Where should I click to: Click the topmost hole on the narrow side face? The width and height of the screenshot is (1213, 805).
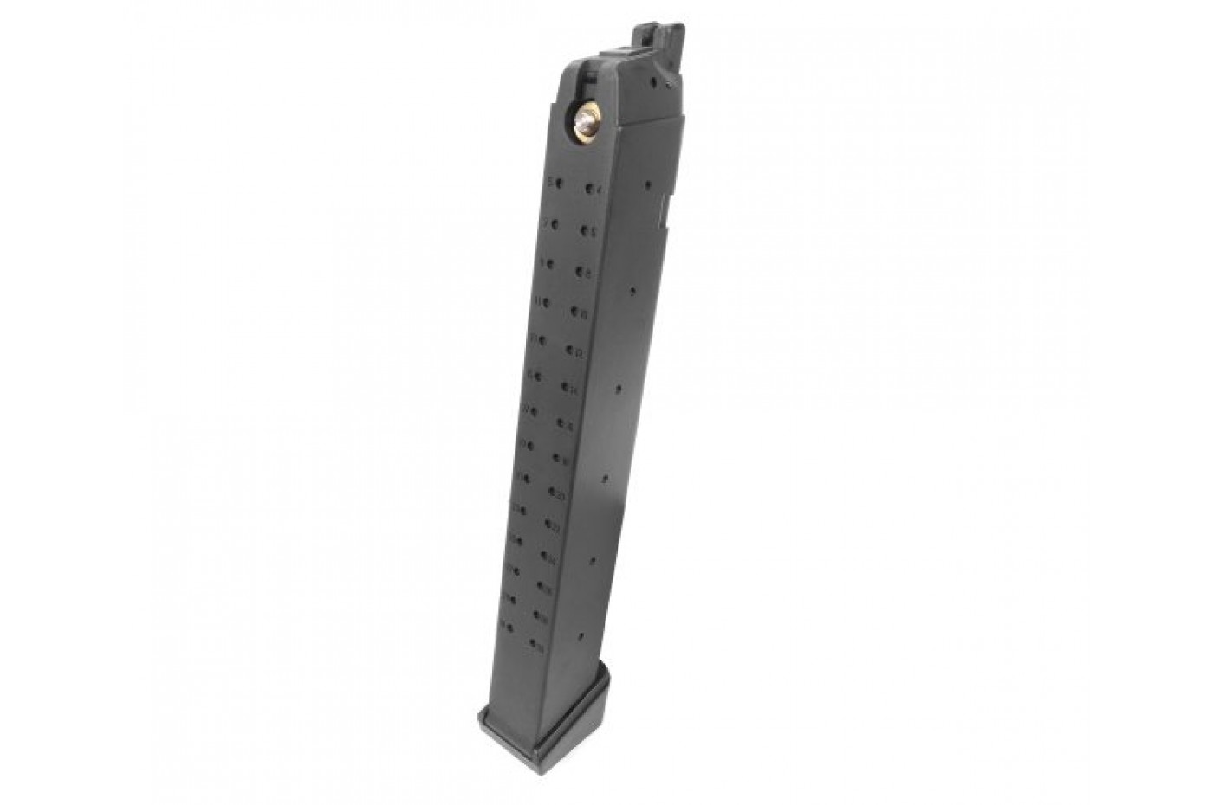point(647,184)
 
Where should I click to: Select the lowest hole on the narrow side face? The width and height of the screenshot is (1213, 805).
point(593,561)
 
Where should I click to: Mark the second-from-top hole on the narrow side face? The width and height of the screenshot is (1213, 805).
point(633,292)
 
